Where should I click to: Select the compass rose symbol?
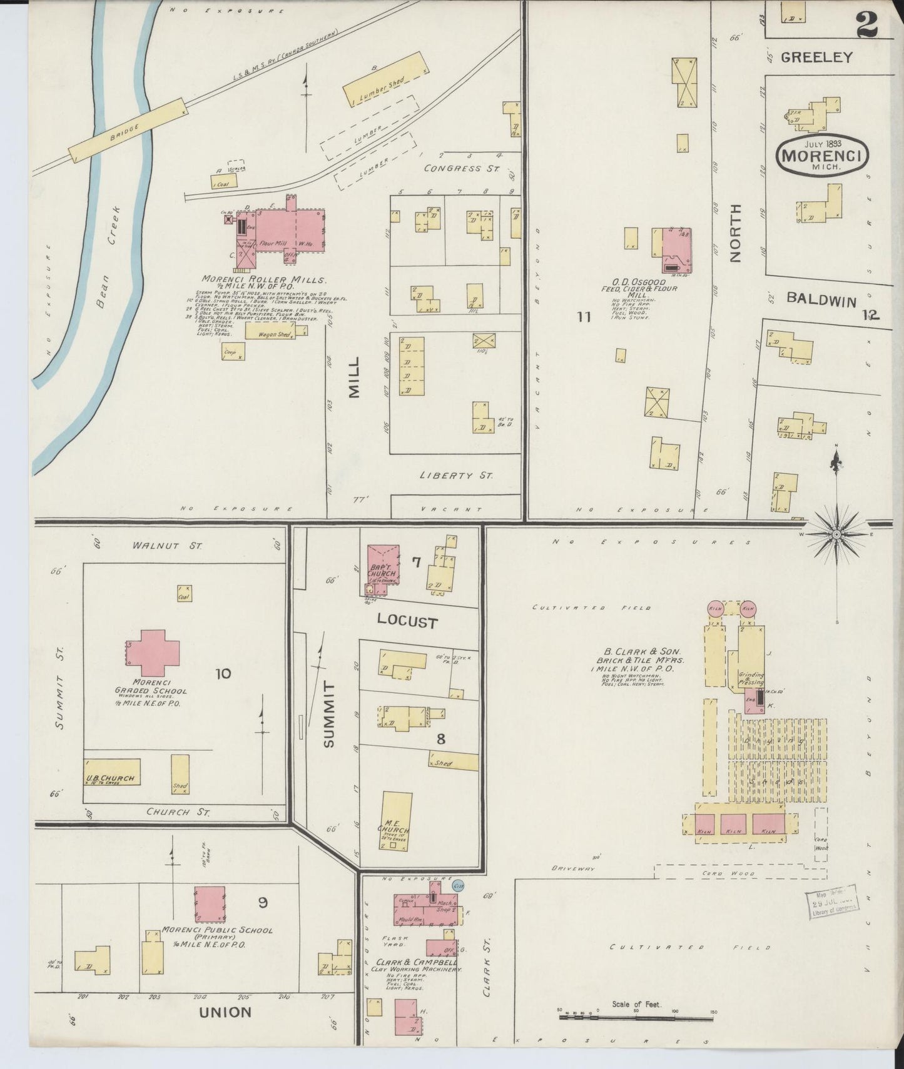pos(836,534)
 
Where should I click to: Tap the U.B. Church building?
pos(112,772)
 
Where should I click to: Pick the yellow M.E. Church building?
pos(397,821)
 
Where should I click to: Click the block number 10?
pos(223,673)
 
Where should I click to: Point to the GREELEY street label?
pos(816,57)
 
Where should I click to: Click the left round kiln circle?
pos(715,608)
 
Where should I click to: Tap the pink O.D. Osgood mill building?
pos(676,250)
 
